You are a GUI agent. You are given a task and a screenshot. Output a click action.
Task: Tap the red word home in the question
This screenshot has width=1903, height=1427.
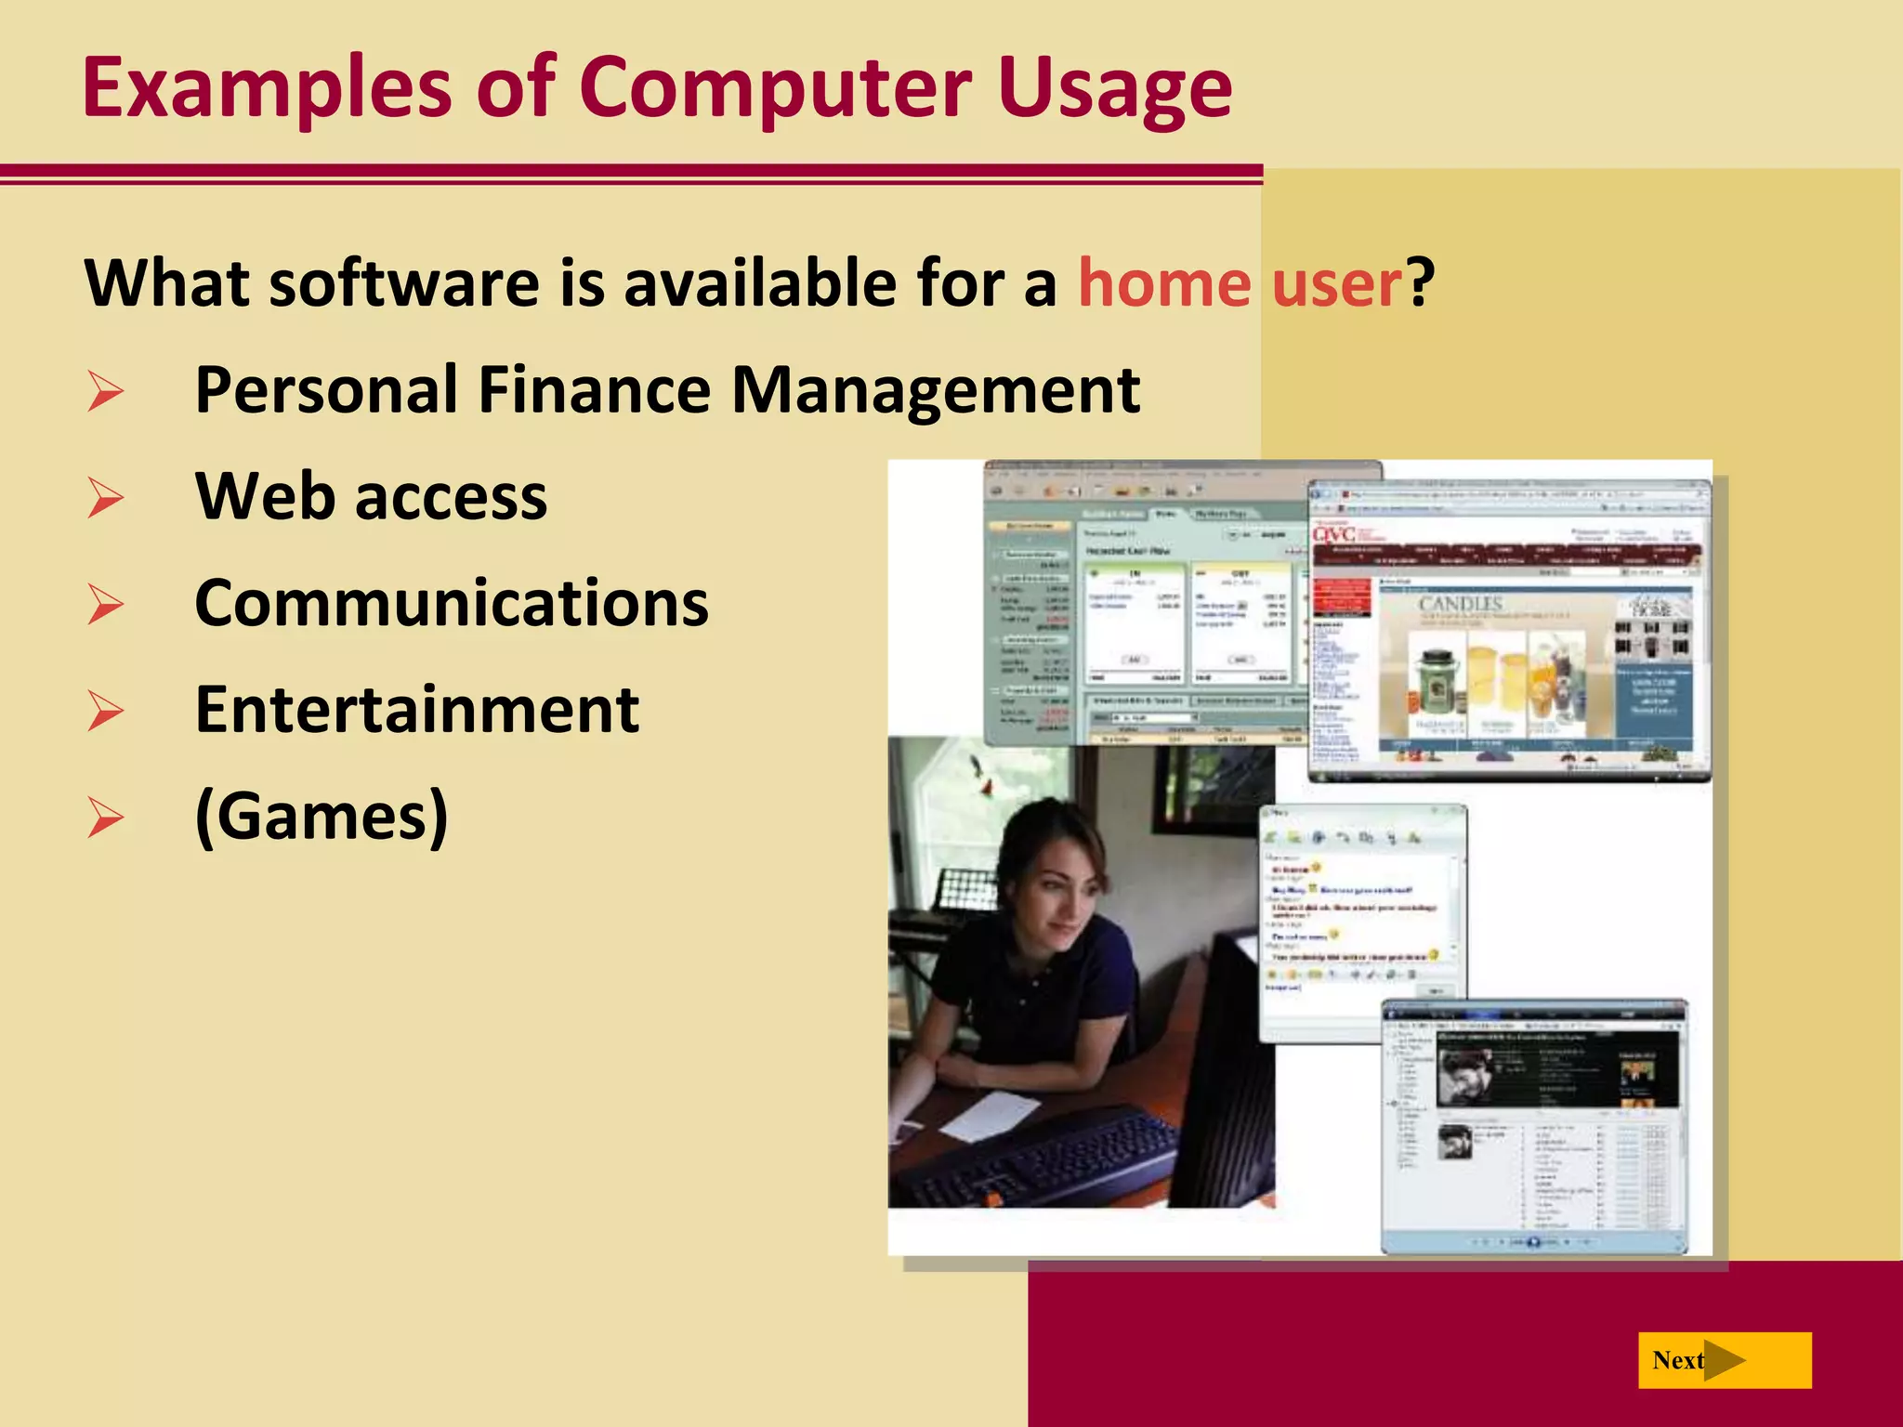point(1163,283)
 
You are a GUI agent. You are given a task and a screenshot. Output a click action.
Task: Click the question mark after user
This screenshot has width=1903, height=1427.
point(1421,283)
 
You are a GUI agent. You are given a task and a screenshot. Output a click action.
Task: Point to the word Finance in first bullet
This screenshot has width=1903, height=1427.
point(595,390)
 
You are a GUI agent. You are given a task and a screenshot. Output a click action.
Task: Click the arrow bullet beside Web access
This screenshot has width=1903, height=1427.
point(105,497)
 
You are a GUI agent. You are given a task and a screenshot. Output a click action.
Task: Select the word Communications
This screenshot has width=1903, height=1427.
point(452,604)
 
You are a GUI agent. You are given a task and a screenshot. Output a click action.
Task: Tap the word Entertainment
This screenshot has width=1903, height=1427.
point(417,711)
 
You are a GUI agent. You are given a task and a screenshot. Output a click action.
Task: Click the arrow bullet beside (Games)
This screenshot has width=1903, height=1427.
point(105,818)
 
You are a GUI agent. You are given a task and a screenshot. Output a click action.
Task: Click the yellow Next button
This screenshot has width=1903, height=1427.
point(1724,1360)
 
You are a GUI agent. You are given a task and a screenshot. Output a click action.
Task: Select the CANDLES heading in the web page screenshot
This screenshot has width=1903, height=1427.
point(1460,605)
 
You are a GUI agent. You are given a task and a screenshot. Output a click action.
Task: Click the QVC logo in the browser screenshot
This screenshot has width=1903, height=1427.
point(1335,534)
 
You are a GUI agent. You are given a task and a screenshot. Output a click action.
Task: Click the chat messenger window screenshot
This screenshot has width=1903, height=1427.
point(1361,920)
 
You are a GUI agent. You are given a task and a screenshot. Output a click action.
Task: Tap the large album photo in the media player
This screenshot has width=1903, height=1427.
point(1465,1073)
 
